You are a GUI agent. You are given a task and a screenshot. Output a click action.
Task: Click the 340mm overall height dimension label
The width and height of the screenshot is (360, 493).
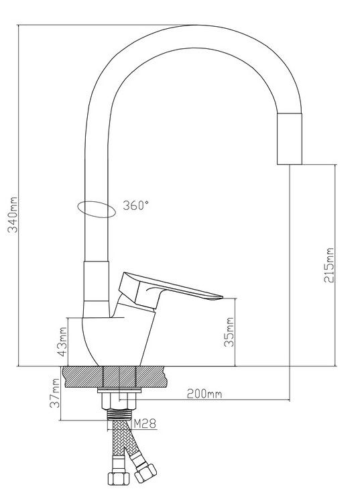point(13,215)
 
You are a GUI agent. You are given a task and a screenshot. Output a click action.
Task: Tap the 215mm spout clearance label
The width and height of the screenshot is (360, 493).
point(329,265)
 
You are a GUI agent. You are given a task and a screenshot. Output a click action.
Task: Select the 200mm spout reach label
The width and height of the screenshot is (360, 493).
point(204,394)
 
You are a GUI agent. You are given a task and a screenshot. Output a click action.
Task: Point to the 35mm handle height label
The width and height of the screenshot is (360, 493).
point(229,332)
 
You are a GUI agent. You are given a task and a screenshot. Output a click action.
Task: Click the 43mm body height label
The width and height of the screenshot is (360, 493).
point(62,342)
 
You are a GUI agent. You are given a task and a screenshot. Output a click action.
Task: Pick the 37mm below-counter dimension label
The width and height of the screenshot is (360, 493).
point(55,393)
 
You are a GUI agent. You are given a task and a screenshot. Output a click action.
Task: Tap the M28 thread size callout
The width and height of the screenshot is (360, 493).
point(145,423)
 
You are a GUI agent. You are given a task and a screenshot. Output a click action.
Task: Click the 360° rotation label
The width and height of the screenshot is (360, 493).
point(135,205)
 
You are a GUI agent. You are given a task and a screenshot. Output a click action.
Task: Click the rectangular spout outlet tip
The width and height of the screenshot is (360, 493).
point(290,139)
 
